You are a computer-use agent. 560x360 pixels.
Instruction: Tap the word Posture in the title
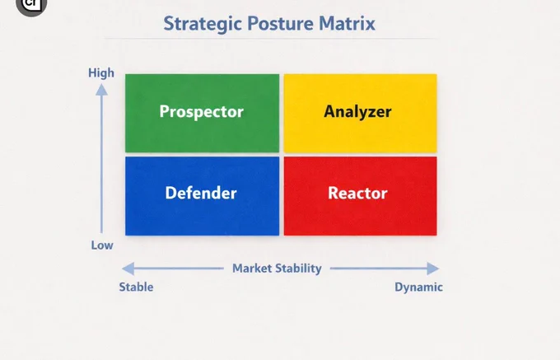[280, 24]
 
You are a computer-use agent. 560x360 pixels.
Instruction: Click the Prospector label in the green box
[202, 112]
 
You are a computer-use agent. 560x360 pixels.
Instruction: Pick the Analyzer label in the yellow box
[357, 112]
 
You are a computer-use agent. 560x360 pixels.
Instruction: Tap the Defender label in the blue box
[201, 193]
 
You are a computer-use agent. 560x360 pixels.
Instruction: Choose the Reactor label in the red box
[357, 194]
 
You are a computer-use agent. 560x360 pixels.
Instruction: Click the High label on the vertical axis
[101, 72]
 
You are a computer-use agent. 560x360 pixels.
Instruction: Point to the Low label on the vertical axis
[102, 245]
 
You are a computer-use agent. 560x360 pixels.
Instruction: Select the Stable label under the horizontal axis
[136, 287]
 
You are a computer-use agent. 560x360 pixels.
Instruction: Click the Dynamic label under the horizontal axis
[418, 288]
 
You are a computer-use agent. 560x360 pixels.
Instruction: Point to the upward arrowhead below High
[102, 90]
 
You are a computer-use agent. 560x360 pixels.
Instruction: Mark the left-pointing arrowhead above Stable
[128, 269]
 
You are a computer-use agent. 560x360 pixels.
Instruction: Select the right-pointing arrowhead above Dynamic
[433, 269]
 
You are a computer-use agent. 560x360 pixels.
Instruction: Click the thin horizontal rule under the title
[270, 38]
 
